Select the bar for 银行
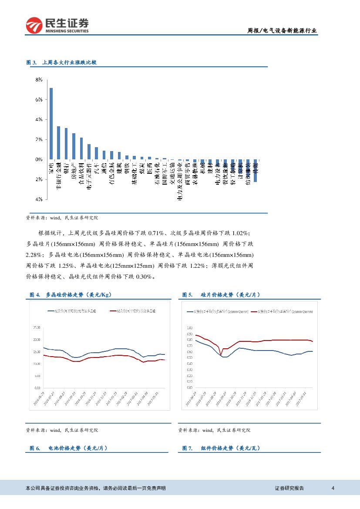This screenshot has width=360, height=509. (x=66, y=143)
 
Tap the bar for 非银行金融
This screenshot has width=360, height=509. (x=58, y=142)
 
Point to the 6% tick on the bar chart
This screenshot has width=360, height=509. (x=39, y=100)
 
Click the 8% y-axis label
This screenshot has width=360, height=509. (x=39, y=80)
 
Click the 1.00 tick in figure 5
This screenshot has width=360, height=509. (x=189, y=327)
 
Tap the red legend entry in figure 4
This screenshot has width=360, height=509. (x=133, y=311)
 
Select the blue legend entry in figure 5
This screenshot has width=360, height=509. (x=218, y=312)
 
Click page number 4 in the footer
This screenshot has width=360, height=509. (x=333, y=488)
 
